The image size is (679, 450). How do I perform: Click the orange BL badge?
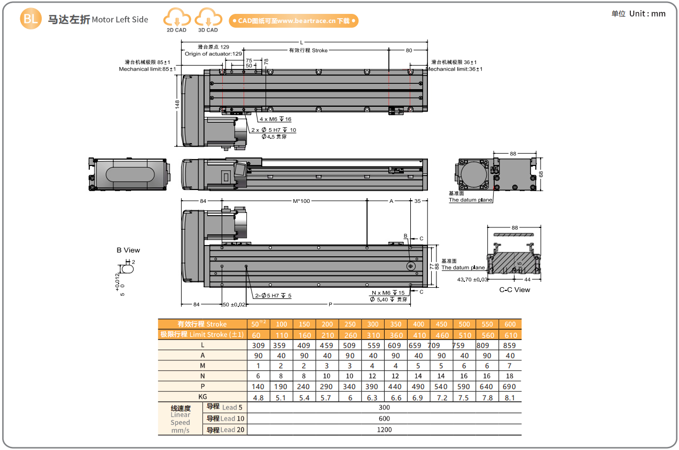pyautogui.click(x=30, y=19)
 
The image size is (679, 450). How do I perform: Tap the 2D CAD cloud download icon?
pyautogui.click(x=176, y=19)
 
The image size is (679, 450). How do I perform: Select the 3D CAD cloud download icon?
pyautogui.click(x=208, y=19)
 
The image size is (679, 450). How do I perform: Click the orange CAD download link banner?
pyautogui.click(x=293, y=21)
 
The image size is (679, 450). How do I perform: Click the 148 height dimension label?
pyautogui.click(x=177, y=105)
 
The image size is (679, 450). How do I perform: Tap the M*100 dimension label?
pyautogui.click(x=301, y=201)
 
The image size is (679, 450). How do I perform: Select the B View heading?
pyautogui.click(x=128, y=250)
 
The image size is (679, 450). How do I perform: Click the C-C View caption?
pyautogui.click(x=514, y=289)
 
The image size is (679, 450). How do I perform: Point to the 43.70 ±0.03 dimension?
pyautogui.click(x=473, y=279)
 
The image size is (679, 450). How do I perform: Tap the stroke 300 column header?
pyautogui.click(x=373, y=324)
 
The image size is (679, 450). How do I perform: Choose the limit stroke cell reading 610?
pyautogui.click(x=510, y=335)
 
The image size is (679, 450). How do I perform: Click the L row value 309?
pyautogui.click(x=259, y=345)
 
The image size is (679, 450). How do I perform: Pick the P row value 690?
pyautogui.click(x=510, y=386)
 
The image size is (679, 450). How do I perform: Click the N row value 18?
pyautogui.click(x=510, y=376)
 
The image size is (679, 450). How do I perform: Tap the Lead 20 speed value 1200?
pyautogui.click(x=384, y=429)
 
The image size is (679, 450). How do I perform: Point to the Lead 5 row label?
pyautogui.click(x=225, y=407)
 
